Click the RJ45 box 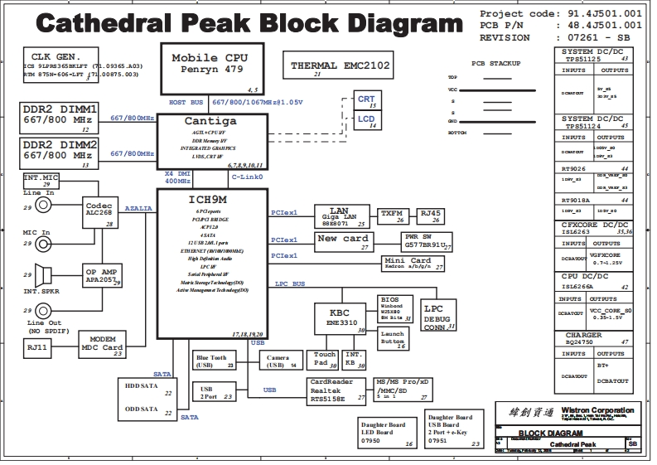click(431, 216)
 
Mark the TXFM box click(393, 216)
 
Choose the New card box click(344, 241)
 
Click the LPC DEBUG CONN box click(438, 315)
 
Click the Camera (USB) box click(279, 361)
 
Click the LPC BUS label click(290, 283)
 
